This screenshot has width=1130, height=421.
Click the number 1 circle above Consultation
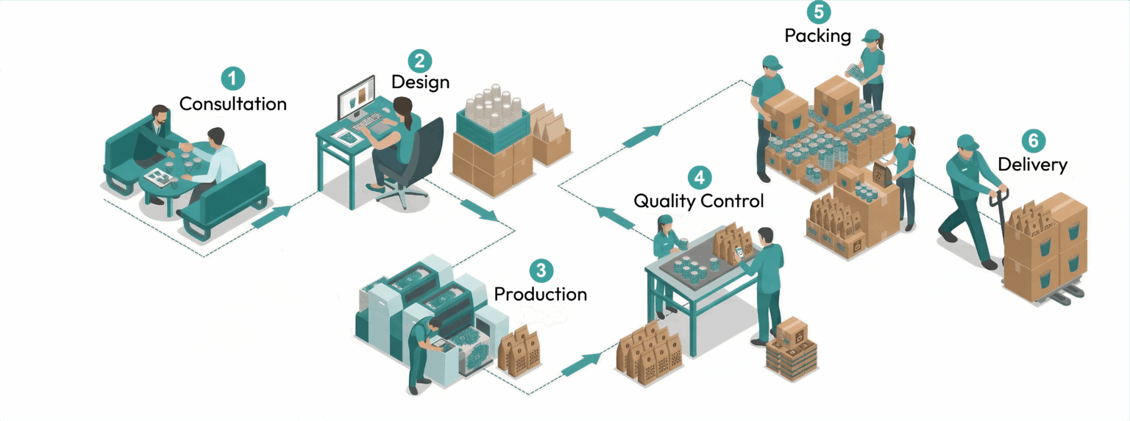(232, 79)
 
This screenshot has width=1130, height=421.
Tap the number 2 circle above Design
(419, 60)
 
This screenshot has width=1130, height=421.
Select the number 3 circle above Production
(540, 271)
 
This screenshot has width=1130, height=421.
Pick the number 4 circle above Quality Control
(699, 178)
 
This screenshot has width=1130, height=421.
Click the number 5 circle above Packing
(817, 12)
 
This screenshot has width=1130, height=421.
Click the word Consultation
(232, 104)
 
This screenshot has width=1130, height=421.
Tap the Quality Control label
(699, 201)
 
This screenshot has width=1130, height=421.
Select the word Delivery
(1032, 165)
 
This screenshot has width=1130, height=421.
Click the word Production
(540, 295)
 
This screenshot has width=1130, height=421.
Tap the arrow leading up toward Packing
(642, 134)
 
